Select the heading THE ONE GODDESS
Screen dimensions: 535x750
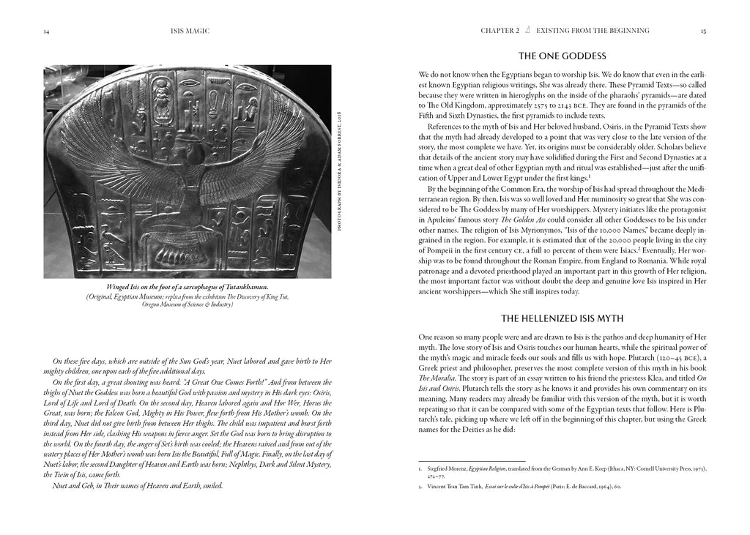click(x=562, y=56)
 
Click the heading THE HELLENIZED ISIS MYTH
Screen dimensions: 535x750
click(x=562, y=318)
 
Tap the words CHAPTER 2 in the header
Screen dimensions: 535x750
click(x=500, y=31)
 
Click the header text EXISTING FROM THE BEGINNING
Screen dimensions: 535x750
click(x=593, y=31)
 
